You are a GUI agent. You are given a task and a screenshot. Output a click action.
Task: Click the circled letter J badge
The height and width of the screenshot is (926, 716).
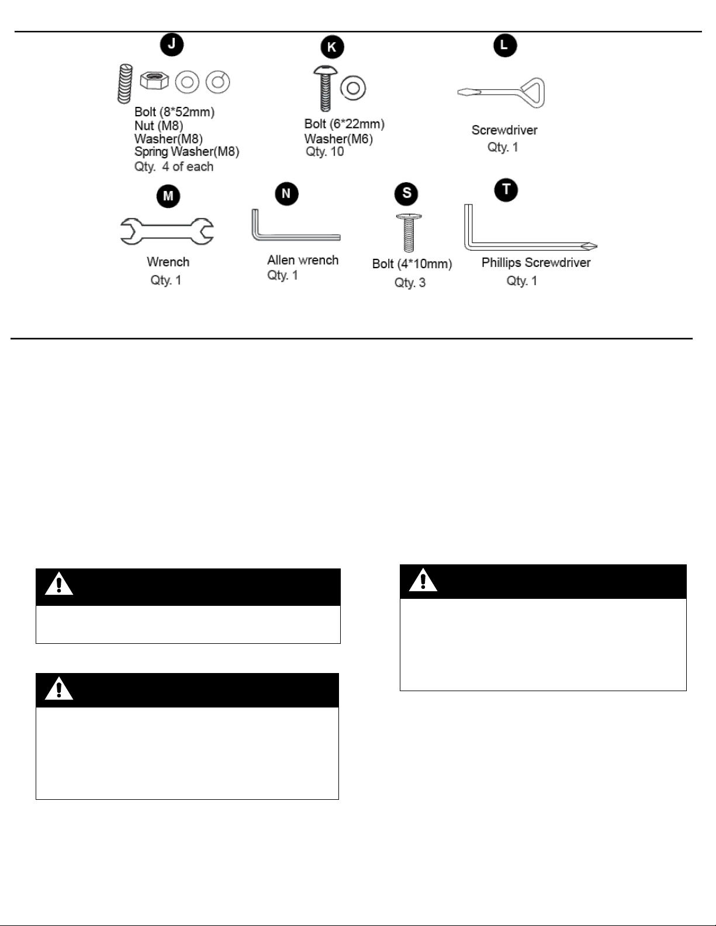[172, 44]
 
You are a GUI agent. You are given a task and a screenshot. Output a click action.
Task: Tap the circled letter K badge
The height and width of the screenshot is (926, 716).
[332, 47]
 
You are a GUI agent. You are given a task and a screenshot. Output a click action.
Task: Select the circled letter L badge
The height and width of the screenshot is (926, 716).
[505, 45]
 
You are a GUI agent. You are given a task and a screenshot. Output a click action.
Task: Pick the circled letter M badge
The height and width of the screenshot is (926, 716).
[168, 196]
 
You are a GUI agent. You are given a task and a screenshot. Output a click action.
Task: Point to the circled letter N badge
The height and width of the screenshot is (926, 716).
[286, 194]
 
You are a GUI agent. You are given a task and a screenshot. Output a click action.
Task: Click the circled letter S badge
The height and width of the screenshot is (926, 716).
[406, 193]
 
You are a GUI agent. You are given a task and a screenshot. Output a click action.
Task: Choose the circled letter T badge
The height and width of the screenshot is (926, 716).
[506, 190]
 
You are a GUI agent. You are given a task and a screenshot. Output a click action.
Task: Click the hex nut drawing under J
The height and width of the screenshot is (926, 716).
[154, 80]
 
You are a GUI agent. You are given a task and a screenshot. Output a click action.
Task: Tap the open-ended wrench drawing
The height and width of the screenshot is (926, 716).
[167, 231]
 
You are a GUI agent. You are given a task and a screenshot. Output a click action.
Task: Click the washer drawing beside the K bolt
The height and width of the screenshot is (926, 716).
[353, 88]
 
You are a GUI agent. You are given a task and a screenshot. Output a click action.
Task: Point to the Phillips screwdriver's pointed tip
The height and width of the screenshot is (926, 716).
[597, 246]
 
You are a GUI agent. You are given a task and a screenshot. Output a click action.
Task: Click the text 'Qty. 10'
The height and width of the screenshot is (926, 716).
[325, 151]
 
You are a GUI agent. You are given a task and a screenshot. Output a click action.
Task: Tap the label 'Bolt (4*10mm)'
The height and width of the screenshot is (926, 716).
[412, 264]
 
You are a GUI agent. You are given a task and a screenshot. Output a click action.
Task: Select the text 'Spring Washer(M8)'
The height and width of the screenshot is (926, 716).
[186, 151]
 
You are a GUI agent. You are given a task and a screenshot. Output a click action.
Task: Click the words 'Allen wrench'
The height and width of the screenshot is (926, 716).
[303, 260]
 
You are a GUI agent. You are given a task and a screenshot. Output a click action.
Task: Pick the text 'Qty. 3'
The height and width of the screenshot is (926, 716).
[410, 283]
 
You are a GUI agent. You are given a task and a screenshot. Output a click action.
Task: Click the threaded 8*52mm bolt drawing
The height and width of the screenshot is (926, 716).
[125, 84]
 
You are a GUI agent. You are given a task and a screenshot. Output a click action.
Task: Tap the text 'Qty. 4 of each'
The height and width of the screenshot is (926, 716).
[174, 167]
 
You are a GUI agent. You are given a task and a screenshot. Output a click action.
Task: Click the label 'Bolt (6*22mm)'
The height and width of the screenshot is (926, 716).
[344, 124]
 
